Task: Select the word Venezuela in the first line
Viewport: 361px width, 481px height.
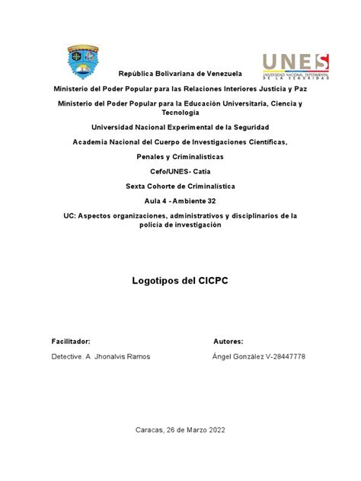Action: pos(219,74)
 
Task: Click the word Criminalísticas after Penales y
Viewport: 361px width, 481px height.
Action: pos(196,156)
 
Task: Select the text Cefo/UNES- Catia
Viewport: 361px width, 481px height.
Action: pos(180,171)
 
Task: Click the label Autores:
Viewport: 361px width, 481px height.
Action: pos(228,342)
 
